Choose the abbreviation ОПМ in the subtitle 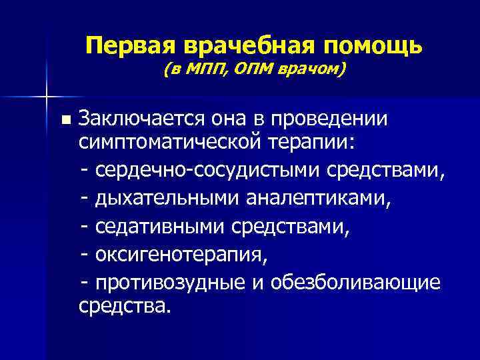[x=255, y=70]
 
